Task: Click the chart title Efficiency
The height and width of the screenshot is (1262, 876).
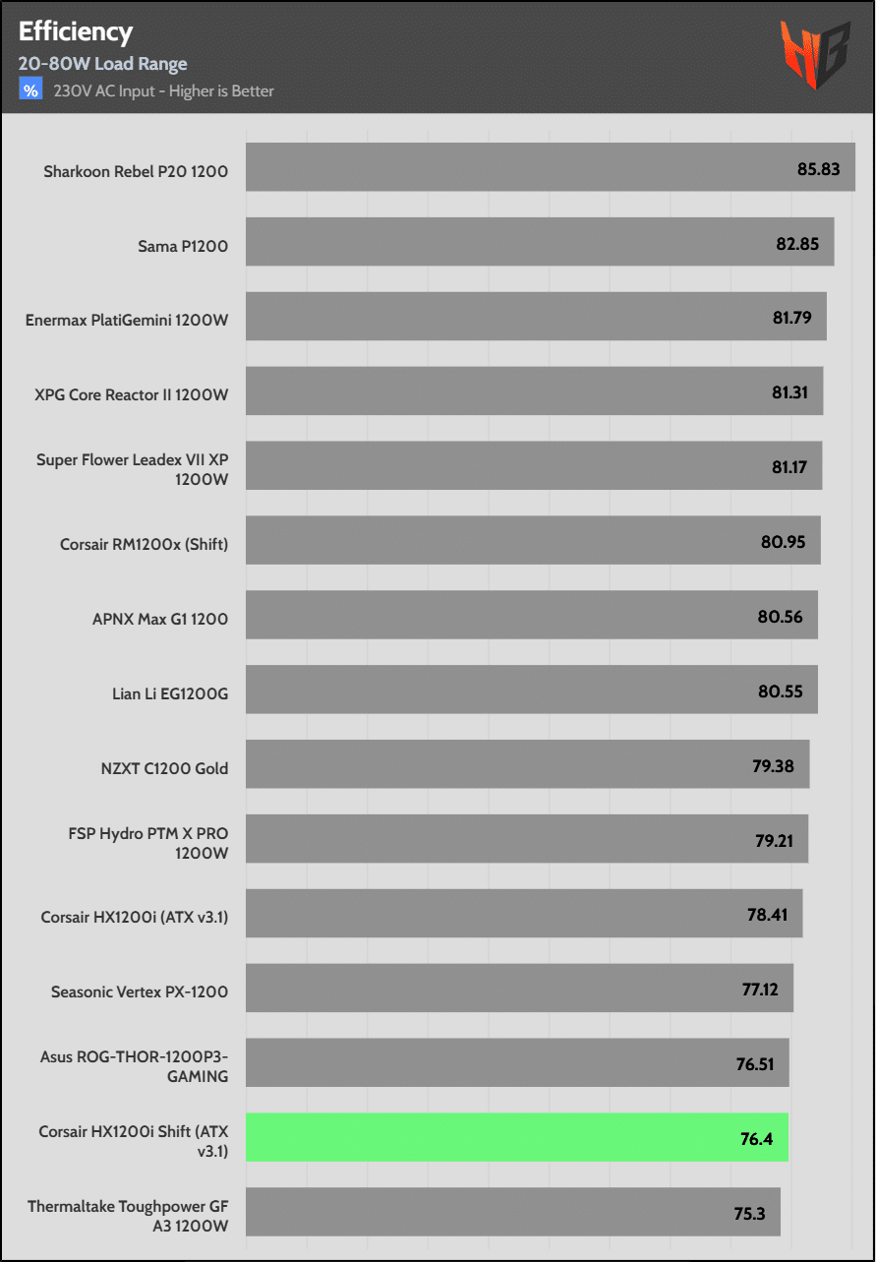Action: (x=76, y=31)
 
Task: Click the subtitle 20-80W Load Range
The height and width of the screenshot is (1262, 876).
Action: (x=102, y=64)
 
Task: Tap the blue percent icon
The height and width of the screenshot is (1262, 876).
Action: (x=30, y=90)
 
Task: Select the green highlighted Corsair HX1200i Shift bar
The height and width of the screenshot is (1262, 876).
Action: (x=516, y=1137)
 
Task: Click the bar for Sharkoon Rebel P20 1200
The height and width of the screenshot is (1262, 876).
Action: (x=550, y=167)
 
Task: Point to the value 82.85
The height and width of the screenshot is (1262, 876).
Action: (x=796, y=243)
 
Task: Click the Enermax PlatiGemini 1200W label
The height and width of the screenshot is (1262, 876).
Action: (x=127, y=320)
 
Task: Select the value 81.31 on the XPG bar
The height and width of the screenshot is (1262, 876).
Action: (x=789, y=392)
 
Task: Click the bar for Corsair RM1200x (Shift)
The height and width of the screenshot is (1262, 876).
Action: (x=532, y=541)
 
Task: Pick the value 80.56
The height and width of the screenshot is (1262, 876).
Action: (x=780, y=617)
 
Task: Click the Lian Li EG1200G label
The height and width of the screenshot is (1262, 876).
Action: (x=170, y=693)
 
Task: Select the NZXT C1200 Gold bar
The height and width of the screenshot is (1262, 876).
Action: (x=527, y=764)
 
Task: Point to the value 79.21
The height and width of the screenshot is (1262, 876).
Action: (x=773, y=841)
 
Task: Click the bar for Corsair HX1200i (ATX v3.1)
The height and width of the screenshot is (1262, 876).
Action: (x=523, y=914)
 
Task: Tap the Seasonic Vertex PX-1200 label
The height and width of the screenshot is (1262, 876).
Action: (x=140, y=992)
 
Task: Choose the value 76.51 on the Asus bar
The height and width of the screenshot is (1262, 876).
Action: (x=755, y=1064)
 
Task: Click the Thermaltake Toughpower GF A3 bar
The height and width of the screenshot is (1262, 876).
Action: (x=512, y=1212)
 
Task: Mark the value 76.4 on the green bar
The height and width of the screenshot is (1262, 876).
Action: (x=755, y=1139)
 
